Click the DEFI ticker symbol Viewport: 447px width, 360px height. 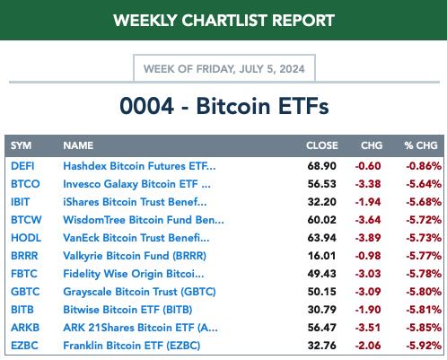coord(22,166)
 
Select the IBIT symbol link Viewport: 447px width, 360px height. coord(20,202)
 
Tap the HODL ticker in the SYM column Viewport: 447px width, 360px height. coord(26,238)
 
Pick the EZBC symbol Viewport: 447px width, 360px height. coord(24,346)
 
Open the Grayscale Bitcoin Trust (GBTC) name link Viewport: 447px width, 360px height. coord(139,292)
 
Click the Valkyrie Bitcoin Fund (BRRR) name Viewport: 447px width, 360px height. coord(135,256)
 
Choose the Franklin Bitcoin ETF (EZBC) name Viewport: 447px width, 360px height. coord(132,346)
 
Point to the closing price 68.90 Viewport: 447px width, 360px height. coord(322,166)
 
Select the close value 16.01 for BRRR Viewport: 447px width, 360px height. coord(322,256)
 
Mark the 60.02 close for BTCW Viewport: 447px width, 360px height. coord(322,220)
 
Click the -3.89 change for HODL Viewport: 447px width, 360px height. coord(368,238)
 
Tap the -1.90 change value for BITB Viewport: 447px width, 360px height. coord(368,310)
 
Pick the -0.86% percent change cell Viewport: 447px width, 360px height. coord(424,166)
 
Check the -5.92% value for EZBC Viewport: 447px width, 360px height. coord(424,346)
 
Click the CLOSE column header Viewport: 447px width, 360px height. coord(322,145)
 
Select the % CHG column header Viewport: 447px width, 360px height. coord(421,145)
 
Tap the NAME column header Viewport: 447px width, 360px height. coord(78,145)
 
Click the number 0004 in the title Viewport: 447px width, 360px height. coord(147,106)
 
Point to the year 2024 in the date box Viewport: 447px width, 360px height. coord(292,69)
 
